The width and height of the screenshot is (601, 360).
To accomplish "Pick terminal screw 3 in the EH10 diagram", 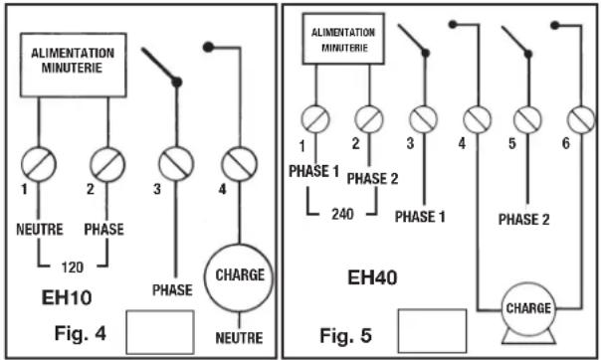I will pyautogui.click(x=175, y=160).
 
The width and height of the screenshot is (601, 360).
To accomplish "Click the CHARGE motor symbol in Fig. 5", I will pyautogui.click(x=528, y=309).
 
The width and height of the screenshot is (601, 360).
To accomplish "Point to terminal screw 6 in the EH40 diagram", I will pyautogui.click(x=581, y=120).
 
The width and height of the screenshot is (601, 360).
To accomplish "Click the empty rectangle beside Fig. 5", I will pyautogui.click(x=431, y=328).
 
